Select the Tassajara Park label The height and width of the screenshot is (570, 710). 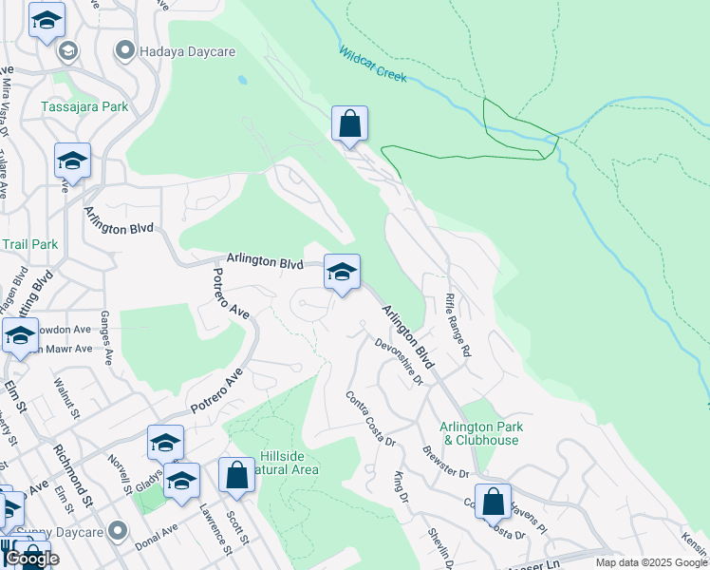pyautogui.click(x=84, y=106)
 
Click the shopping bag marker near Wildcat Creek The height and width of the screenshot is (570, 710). pyautogui.click(x=349, y=123)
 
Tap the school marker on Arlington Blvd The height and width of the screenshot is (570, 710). pyautogui.click(x=342, y=273)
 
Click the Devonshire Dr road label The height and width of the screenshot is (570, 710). pyautogui.click(x=399, y=362)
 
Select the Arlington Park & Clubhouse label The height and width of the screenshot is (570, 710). pyautogui.click(x=479, y=433)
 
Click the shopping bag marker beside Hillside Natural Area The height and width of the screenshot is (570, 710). pyautogui.click(x=236, y=475)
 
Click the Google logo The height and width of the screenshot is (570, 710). pyautogui.click(x=30, y=559)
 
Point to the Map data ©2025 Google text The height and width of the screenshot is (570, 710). pyautogui.click(x=650, y=562)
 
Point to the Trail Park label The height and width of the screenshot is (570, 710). pyautogui.click(x=29, y=244)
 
